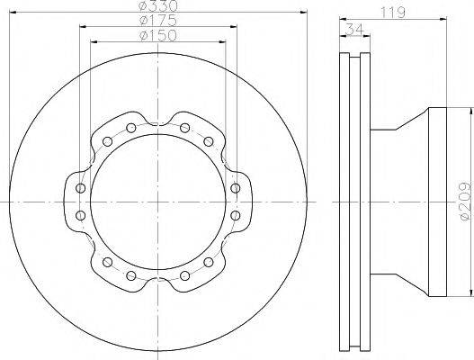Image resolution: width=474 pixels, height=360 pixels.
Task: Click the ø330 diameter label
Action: point(158,5)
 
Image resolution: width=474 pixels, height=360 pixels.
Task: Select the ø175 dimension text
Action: point(157,21)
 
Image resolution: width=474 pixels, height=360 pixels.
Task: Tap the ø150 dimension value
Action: point(157,35)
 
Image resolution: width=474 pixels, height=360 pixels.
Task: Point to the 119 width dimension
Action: point(393,13)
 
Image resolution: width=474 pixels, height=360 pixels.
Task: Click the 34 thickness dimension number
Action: point(354,29)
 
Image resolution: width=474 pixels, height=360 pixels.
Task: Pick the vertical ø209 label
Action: point(466,201)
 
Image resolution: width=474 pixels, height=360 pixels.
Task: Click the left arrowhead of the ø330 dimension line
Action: point(13,13)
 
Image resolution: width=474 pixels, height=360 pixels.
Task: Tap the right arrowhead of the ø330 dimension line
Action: point(303,13)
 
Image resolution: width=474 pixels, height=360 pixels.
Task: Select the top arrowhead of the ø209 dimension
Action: point(470,112)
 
